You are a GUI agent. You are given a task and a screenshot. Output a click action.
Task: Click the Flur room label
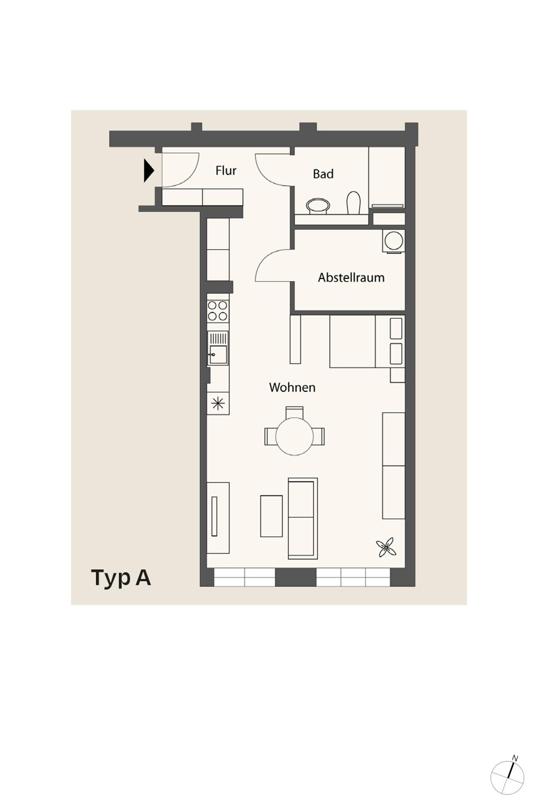click(226, 171)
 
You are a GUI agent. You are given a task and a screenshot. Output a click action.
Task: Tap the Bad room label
click(323, 174)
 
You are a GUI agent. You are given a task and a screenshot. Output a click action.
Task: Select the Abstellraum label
click(351, 278)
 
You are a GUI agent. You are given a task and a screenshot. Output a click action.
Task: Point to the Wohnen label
click(292, 387)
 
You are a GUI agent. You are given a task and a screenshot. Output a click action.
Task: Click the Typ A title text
click(121, 578)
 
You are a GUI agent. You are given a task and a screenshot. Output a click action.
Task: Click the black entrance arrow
click(148, 170)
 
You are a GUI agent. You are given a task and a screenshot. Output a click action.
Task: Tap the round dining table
click(294, 436)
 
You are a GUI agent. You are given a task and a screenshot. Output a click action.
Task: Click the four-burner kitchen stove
click(218, 311)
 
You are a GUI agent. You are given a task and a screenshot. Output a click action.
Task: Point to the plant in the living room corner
click(386, 548)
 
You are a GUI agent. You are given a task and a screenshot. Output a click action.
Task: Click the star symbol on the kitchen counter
click(218, 404)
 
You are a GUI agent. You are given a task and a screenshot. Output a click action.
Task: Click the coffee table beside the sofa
click(271, 516)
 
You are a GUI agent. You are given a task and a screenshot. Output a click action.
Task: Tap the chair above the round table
click(294, 412)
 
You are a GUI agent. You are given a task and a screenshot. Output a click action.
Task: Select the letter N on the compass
click(515, 758)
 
